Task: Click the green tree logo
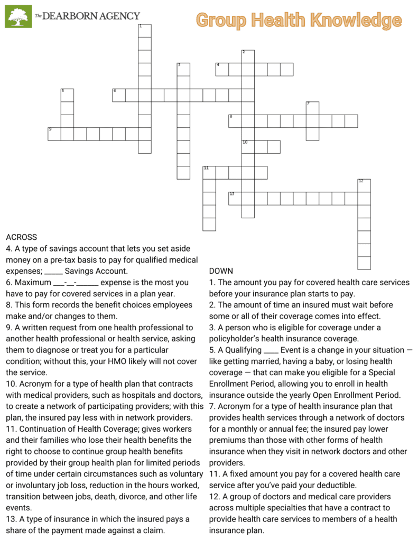pos(18,16)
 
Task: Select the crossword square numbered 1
pos(144,31)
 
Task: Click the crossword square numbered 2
pos(248,57)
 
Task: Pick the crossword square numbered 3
pos(183,69)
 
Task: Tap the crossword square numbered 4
pos(222,69)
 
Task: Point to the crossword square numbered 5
pos(67,95)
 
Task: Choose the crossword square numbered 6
pos(118,95)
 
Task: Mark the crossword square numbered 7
pos(312,108)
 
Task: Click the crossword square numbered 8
pos(235,121)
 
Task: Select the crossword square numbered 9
pos(54,134)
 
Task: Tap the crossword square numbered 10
pos(248,147)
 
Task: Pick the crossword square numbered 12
pos(364,185)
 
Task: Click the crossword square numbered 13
pos(235,199)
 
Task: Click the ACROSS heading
pos(21,237)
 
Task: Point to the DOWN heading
pos(221,271)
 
